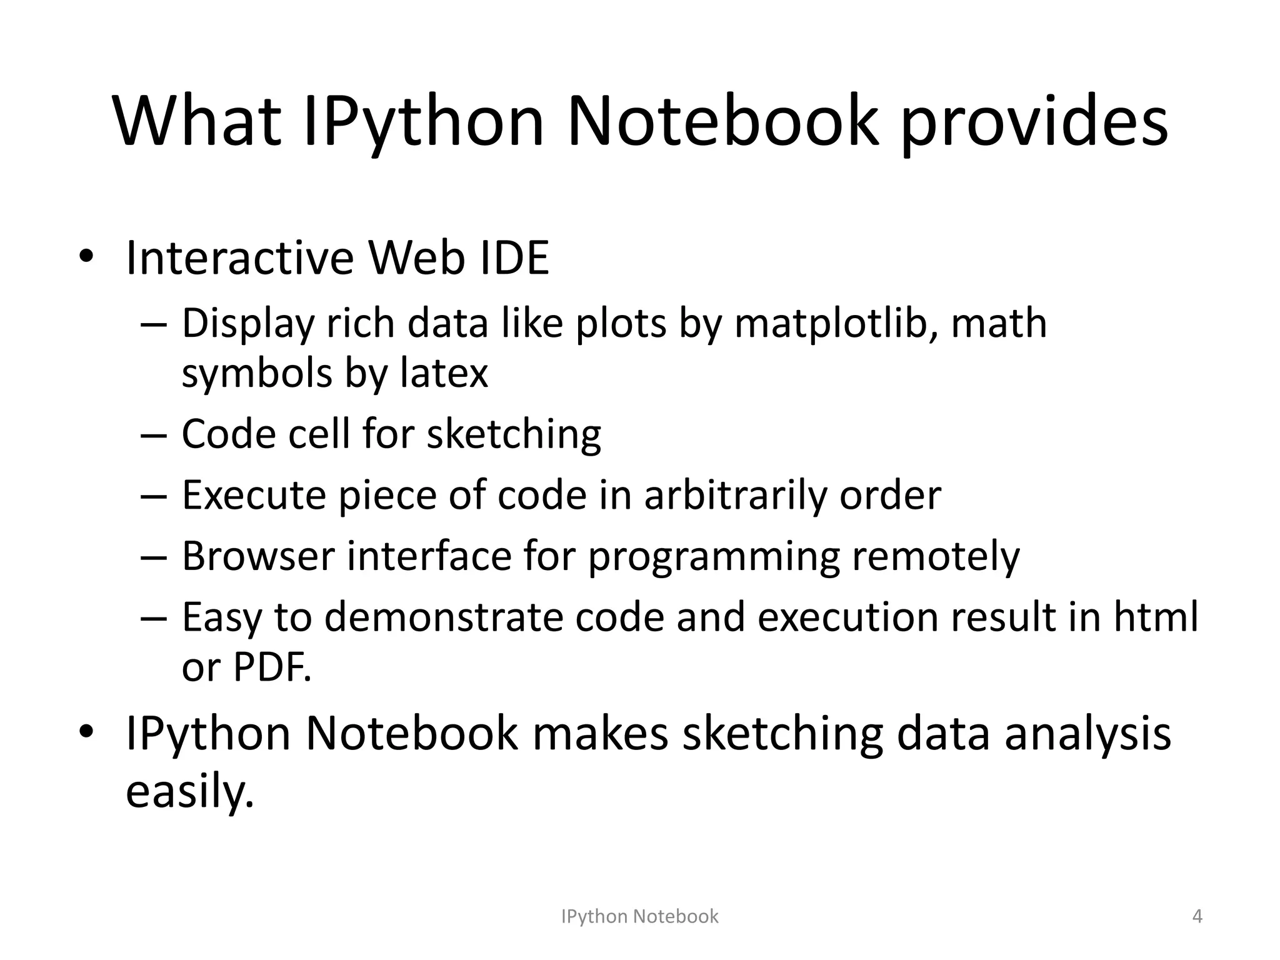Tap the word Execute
click(x=254, y=495)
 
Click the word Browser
click(x=258, y=556)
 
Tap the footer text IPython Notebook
click(x=640, y=916)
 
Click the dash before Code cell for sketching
click(x=154, y=434)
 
